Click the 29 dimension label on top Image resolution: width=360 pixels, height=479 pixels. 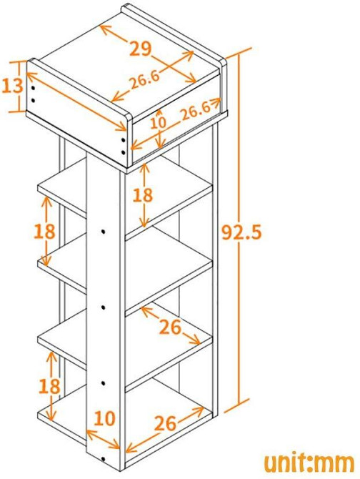[140, 49]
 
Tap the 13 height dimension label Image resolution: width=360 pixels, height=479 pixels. [13, 86]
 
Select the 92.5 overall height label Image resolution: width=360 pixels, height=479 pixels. [241, 232]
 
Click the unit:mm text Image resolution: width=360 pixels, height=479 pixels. [309, 463]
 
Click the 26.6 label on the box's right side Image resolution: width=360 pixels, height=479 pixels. [196, 112]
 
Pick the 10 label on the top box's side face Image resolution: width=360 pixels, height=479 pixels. [159, 122]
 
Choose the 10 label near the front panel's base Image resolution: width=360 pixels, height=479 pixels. [105, 418]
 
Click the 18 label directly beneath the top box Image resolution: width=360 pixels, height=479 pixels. [142, 195]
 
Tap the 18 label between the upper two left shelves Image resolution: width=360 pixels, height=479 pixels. [44, 231]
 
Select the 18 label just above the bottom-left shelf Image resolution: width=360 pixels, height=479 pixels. [49, 386]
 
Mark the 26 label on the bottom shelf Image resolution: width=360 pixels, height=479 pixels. [165, 423]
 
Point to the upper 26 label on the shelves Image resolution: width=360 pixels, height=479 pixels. [171, 327]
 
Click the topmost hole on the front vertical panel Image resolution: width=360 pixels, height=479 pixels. [103, 231]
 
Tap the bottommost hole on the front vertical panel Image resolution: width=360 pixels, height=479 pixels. [103, 459]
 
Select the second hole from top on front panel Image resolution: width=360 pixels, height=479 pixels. [103, 307]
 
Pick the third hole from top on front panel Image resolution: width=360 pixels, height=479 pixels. [103, 382]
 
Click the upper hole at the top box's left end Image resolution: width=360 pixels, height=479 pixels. [33, 89]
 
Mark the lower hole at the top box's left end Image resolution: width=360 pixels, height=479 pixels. [33, 100]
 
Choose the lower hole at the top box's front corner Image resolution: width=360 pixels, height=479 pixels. [124, 152]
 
